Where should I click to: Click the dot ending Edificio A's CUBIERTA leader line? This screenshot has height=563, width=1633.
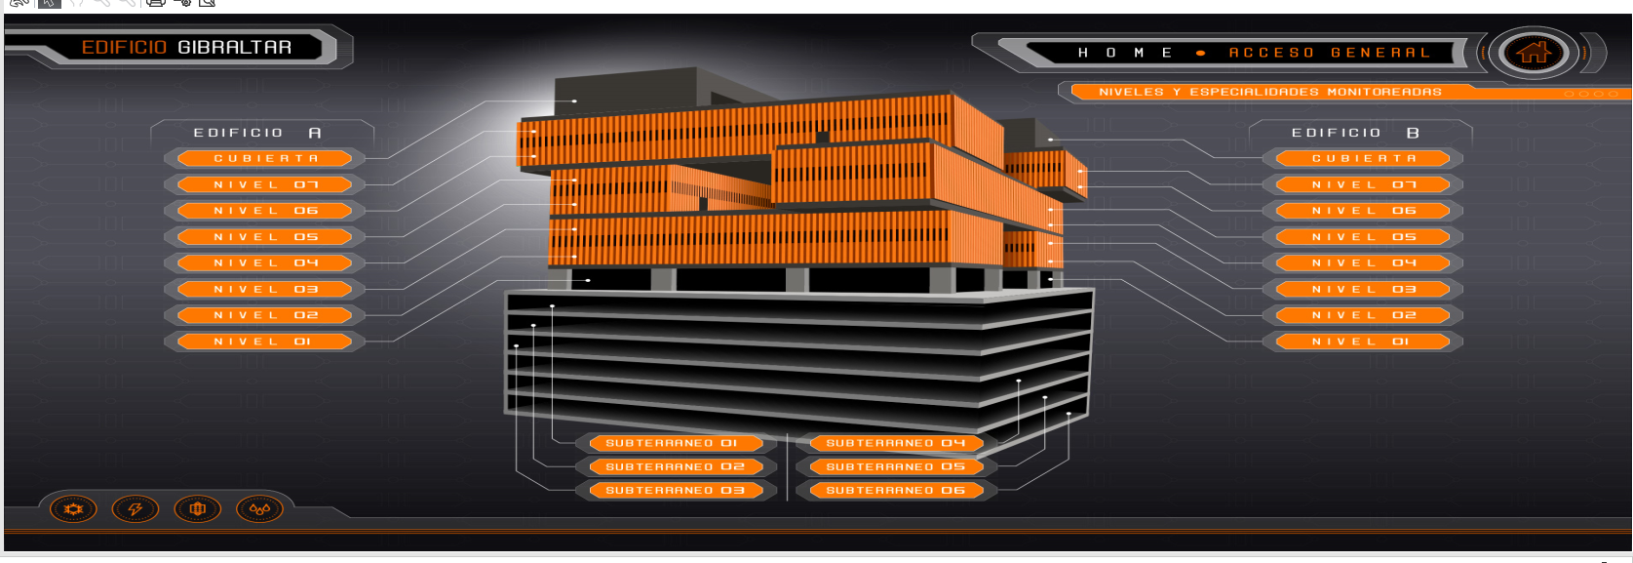point(574,101)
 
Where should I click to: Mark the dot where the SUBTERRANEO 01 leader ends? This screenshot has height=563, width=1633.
point(552,306)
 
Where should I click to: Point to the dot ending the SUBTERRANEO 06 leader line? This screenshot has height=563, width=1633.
point(1069,415)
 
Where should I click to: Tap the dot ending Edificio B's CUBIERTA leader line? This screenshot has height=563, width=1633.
point(1051,140)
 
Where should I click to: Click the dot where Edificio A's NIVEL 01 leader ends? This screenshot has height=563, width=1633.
point(588,280)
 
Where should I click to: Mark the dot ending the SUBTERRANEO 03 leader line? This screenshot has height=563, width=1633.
point(516,345)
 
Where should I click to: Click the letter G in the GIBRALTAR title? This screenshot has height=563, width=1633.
point(185,48)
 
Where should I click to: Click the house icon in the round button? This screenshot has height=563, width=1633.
point(1534,53)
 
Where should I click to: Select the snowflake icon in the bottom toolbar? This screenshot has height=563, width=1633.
point(73,509)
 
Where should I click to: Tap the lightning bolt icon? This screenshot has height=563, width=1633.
point(135,509)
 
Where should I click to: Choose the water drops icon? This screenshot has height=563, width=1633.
point(259,509)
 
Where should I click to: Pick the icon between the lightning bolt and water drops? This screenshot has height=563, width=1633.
point(198,509)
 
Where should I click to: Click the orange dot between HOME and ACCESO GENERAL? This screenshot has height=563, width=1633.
point(1201,54)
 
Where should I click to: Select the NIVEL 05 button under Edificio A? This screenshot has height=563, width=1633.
point(264,237)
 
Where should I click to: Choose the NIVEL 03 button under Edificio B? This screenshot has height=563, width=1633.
point(1363,290)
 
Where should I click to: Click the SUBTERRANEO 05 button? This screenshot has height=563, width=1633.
point(896,466)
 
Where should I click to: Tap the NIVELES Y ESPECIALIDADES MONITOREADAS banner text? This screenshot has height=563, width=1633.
point(1270,92)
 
